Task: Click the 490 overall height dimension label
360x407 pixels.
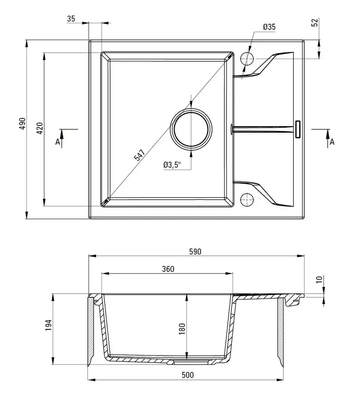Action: click(x=22, y=124)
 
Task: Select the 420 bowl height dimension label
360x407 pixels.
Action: click(x=40, y=128)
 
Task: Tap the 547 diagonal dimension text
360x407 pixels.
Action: click(x=139, y=155)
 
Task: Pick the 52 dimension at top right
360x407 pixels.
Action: click(x=315, y=22)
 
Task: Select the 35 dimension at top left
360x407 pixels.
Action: click(x=71, y=19)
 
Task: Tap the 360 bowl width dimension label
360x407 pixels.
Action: click(x=168, y=269)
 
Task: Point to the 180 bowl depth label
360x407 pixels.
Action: click(x=182, y=329)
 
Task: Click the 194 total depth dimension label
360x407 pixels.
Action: click(x=48, y=325)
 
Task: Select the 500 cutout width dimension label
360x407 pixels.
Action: click(x=187, y=375)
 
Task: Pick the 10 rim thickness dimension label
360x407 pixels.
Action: click(x=319, y=279)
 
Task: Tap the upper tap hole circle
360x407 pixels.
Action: click(x=247, y=58)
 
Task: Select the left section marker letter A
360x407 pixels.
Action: click(x=58, y=142)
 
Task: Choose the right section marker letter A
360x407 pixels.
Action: click(x=332, y=142)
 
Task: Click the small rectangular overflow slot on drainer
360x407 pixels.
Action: click(x=298, y=129)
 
